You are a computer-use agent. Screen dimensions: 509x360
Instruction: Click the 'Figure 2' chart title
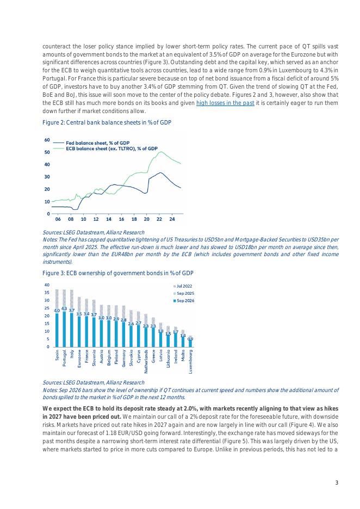click(107, 123)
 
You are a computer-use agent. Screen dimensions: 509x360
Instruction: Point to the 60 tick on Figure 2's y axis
click(47, 140)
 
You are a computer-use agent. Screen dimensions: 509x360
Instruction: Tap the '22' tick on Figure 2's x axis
click(159, 219)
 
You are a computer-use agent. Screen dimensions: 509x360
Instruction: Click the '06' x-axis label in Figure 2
click(58, 219)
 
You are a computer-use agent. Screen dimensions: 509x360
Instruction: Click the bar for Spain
click(57, 330)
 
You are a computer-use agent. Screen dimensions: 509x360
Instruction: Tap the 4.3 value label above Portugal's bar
click(64, 308)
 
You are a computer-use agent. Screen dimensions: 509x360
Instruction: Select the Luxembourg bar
click(190, 343)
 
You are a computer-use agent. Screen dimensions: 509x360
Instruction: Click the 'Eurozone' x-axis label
click(79, 361)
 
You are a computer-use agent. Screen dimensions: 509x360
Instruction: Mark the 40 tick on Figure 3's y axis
click(47, 285)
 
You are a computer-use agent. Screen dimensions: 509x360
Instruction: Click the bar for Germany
click(123, 334)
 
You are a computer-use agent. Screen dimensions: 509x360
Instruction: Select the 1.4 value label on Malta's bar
click(183, 336)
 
